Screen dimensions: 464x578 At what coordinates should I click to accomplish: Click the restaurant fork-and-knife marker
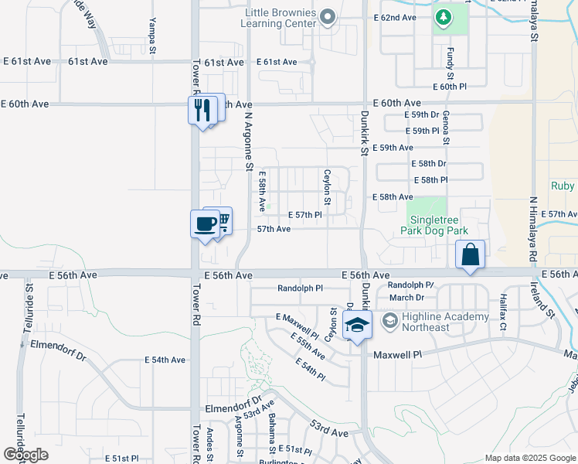(x=202, y=110)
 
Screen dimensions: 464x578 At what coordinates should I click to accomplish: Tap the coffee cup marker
(x=205, y=224)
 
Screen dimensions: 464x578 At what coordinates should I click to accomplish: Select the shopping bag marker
(x=471, y=255)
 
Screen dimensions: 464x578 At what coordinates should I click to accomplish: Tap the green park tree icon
(x=444, y=16)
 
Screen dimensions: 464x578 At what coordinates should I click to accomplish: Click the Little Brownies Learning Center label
(x=280, y=18)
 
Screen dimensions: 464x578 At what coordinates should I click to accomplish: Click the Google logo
(x=25, y=455)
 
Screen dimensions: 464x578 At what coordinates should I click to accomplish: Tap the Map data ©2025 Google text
(x=529, y=458)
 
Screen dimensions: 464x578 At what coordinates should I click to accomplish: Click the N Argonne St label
(x=249, y=139)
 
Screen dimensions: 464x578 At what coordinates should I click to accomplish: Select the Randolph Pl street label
(x=300, y=288)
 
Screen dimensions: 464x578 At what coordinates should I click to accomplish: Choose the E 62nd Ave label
(x=394, y=17)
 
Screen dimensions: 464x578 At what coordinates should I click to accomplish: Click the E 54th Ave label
(x=165, y=360)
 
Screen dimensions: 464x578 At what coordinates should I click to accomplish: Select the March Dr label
(x=407, y=297)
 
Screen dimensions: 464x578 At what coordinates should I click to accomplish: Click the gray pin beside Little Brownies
(x=328, y=17)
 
